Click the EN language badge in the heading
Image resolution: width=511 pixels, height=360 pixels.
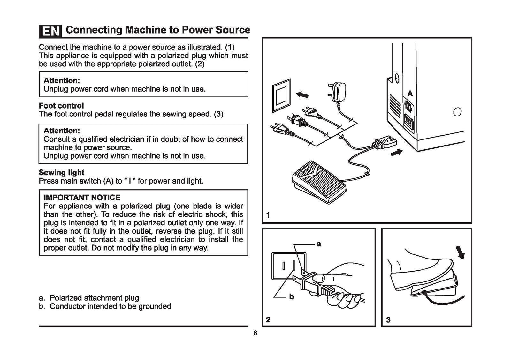coord(50,31)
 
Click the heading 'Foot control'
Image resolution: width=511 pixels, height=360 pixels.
coord(61,106)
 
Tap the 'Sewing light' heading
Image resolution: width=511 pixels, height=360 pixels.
coord(61,173)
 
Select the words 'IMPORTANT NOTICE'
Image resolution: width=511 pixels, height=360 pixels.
coord(82,198)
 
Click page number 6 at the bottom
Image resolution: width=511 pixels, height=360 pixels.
coord(255,333)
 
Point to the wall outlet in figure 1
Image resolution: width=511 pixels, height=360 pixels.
coord(281,95)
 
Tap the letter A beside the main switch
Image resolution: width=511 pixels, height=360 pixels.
coord(410,94)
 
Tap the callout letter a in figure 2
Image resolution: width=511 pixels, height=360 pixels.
coord(318,244)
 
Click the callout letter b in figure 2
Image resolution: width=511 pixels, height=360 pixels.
coord(291,297)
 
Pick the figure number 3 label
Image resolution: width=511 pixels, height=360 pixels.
coord(388,319)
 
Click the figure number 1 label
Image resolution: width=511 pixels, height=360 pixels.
coord(268,215)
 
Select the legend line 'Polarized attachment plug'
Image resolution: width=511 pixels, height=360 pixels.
coord(94,298)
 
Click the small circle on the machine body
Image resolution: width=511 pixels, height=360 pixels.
coord(457,112)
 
